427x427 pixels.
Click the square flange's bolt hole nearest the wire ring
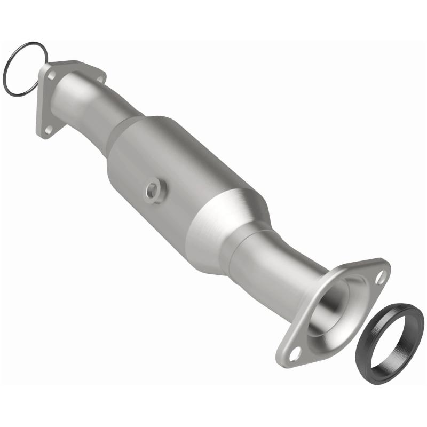52,75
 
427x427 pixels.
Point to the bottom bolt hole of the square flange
48,129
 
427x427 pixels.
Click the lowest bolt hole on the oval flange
295,352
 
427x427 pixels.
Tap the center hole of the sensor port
154,189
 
